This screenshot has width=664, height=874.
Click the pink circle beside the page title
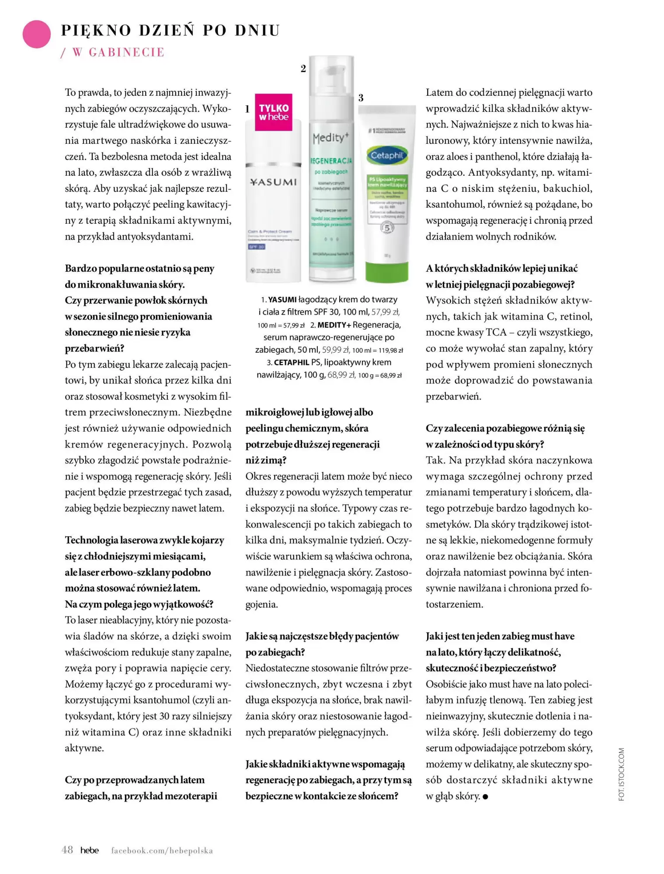(37, 34)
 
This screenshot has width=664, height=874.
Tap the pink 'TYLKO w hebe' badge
(274, 112)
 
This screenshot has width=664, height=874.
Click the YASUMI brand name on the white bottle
(273, 182)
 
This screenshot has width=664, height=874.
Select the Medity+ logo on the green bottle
(331, 138)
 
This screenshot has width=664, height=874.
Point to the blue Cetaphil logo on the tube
(386, 155)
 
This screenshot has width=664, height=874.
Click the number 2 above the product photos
(303, 69)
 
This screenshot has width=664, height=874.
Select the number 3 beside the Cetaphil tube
(361, 98)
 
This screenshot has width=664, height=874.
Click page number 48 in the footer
(67, 850)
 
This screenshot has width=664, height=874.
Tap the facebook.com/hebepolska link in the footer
(162, 850)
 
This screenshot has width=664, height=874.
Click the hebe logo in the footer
(90, 850)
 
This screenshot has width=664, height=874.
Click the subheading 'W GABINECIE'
(118, 52)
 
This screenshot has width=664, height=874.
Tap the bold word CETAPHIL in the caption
(292, 362)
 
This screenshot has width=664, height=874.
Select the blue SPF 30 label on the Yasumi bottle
(257, 247)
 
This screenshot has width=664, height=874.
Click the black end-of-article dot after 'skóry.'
(485, 797)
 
